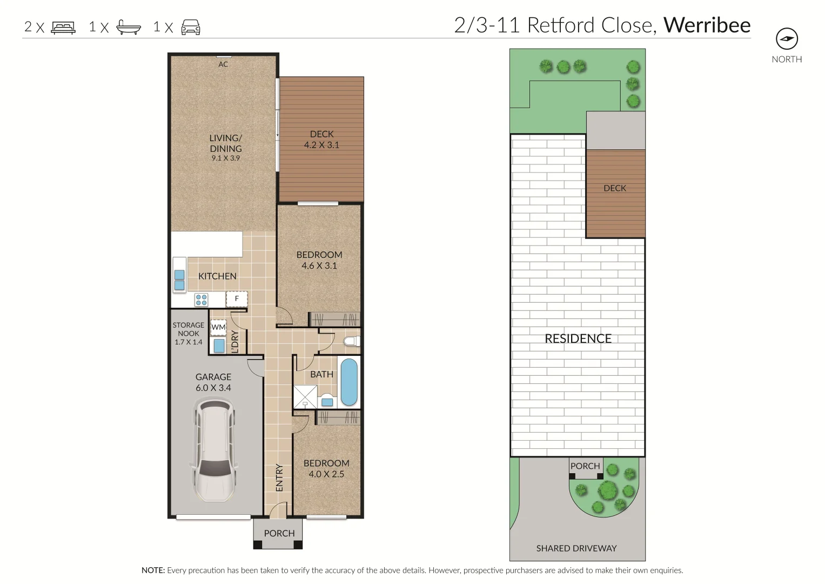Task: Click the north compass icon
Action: (787, 39)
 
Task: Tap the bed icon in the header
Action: (63, 28)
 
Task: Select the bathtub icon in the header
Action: (129, 28)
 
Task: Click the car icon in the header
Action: (191, 28)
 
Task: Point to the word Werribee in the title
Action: (707, 25)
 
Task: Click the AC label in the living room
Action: (223, 64)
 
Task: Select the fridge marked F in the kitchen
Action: (237, 298)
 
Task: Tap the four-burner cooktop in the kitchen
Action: (202, 300)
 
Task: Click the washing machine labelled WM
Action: (218, 327)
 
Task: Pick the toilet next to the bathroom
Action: (352, 341)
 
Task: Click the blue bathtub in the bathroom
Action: (349, 382)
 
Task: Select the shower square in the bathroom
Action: (305, 397)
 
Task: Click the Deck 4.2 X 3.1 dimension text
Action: (321, 145)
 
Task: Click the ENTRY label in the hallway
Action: (279, 477)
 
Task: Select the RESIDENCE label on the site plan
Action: (578, 339)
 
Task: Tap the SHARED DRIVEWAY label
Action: (576, 548)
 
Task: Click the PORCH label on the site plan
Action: (585, 466)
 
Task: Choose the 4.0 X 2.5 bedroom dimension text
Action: (326, 474)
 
